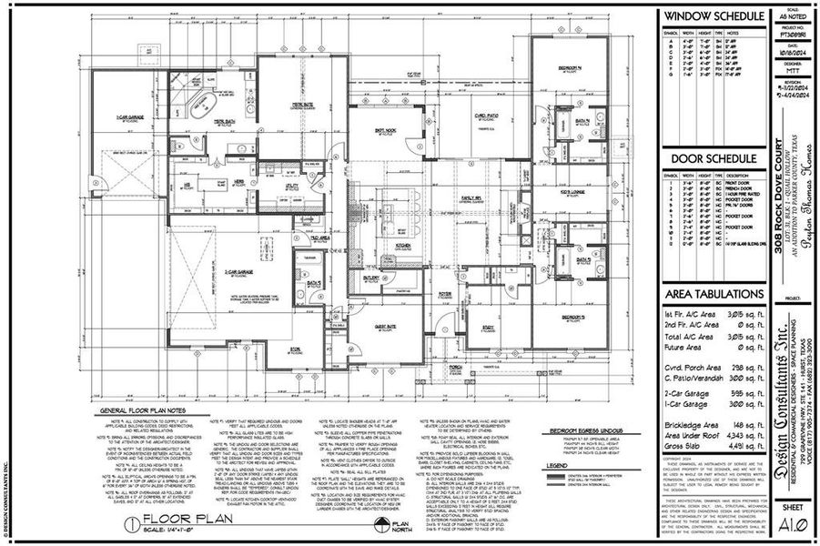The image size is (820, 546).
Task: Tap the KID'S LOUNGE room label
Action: [x=572, y=193]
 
